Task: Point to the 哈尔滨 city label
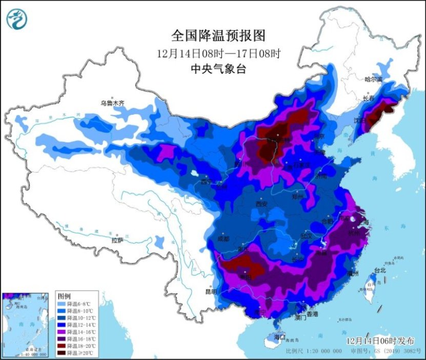click(373, 79)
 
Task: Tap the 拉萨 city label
click(117, 240)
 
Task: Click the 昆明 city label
click(211, 292)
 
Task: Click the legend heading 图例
click(64, 297)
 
